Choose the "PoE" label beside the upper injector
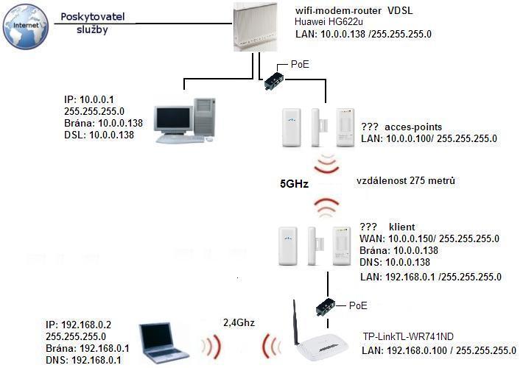coord(301,65)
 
